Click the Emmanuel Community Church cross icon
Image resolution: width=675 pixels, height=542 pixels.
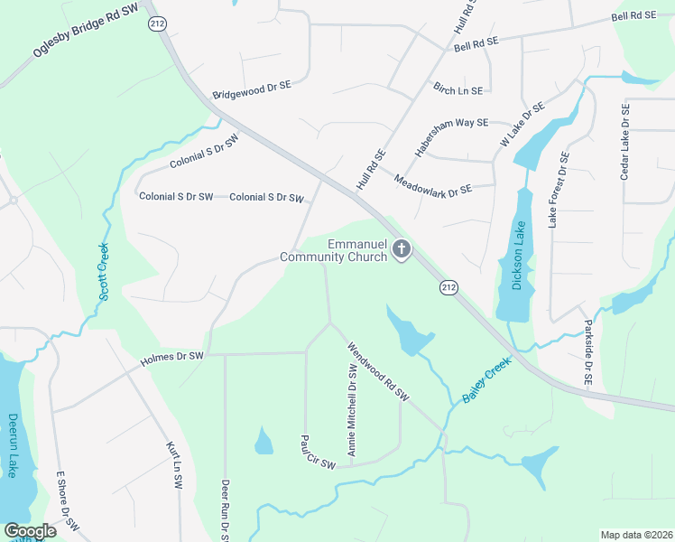[402, 250]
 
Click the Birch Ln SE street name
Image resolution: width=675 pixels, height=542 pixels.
[458, 90]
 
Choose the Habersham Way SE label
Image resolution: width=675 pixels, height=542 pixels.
[451, 138]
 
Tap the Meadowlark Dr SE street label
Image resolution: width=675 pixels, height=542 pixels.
[433, 185]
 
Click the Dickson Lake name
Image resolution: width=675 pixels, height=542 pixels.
[518, 254]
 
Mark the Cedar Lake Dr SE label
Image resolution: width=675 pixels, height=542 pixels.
[624, 142]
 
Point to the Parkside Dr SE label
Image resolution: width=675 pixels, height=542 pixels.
[587, 353]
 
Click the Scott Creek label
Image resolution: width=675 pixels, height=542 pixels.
[104, 272]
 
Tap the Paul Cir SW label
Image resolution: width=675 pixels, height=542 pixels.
[318, 452]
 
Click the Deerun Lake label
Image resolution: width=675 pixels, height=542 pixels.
[13, 445]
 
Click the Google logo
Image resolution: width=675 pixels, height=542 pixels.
[30, 530]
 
